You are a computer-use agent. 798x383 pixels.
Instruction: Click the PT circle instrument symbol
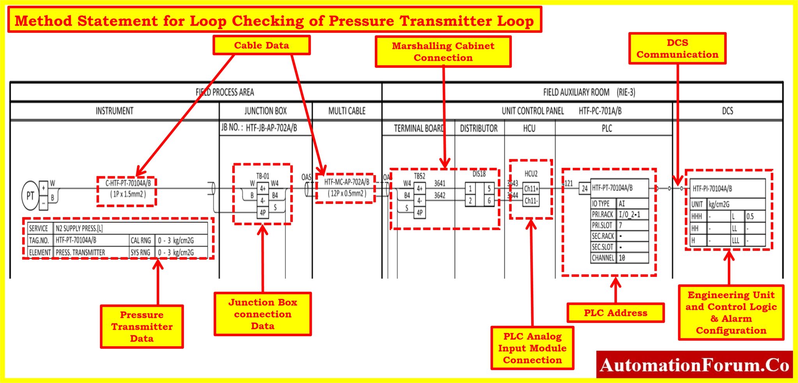[x=30, y=196]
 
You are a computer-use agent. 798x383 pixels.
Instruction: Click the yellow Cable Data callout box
[x=261, y=45]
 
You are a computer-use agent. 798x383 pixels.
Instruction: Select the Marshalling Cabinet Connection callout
[x=443, y=51]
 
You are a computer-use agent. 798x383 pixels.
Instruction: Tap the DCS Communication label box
[x=677, y=48]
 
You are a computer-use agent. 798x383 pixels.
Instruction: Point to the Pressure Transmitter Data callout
[x=142, y=326]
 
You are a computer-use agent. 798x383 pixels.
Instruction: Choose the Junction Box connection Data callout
[x=263, y=314]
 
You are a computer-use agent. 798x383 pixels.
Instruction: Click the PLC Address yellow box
[x=615, y=313]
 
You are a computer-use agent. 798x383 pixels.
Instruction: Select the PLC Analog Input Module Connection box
[x=532, y=348]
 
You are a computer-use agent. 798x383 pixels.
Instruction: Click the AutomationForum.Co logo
[x=694, y=365]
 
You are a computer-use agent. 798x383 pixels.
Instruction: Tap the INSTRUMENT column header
[x=115, y=111]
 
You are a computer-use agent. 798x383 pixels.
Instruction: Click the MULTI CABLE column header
[x=347, y=111]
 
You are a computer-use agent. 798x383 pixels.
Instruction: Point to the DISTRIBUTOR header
[x=478, y=128]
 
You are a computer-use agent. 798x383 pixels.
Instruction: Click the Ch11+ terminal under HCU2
[x=531, y=189]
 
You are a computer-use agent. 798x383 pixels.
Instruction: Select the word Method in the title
[x=43, y=21]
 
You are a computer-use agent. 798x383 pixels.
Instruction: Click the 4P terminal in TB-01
[x=263, y=213]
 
